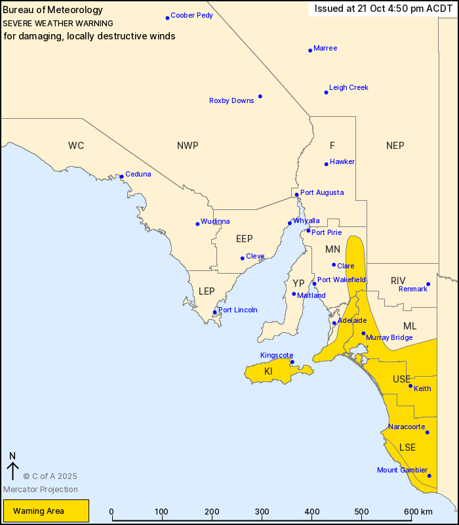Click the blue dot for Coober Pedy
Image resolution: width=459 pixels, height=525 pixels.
tap(167, 18)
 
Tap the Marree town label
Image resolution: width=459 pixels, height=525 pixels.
tap(325, 48)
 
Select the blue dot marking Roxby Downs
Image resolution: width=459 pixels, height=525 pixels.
tap(260, 96)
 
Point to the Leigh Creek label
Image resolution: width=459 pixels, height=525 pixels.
tap(348, 87)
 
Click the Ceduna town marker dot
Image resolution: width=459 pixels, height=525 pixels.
tap(121, 177)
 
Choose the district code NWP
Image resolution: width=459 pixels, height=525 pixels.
tap(188, 146)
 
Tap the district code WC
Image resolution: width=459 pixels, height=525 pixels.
tap(76, 146)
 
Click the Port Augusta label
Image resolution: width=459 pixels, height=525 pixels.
tap(321, 192)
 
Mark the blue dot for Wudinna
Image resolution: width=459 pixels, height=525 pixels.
tap(197, 224)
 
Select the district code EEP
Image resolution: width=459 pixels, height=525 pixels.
tap(244, 239)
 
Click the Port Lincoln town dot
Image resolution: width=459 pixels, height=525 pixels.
tap(214, 312)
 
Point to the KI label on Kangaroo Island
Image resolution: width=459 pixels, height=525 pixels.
tap(268, 372)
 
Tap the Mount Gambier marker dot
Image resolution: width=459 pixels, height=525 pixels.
tap(429, 476)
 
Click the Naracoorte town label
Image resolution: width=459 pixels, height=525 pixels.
tap(407, 427)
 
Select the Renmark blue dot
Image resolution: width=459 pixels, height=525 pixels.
tap(428, 285)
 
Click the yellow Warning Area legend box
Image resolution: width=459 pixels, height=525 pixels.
tap(46, 511)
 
